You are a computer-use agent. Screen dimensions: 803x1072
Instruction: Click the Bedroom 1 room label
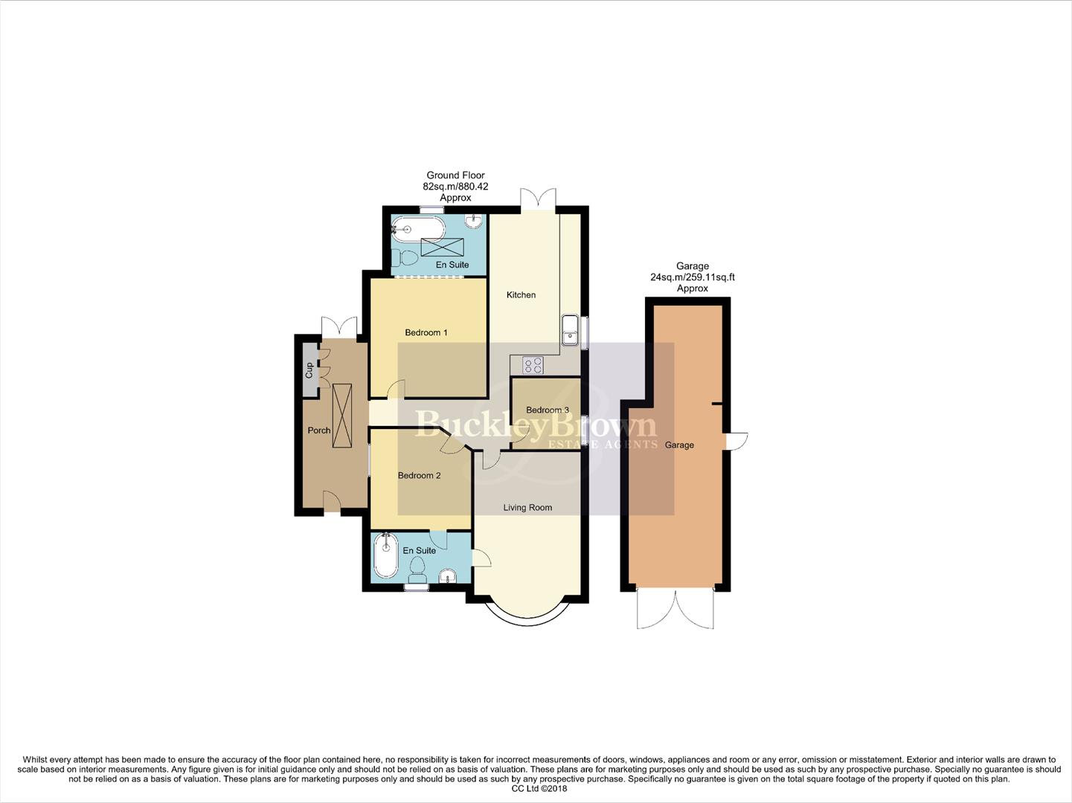tap(426, 332)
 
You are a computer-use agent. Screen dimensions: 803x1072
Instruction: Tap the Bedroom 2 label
tap(419, 475)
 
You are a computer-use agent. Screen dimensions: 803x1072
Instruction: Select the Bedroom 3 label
tap(547, 410)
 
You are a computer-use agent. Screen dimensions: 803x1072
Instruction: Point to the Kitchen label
tap(521, 294)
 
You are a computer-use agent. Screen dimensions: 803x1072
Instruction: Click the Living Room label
tap(527, 508)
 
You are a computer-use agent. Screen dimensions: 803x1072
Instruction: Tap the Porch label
tap(319, 430)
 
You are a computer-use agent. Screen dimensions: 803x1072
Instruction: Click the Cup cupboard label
tap(309, 370)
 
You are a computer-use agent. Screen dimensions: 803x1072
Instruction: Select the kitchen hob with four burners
tap(533, 365)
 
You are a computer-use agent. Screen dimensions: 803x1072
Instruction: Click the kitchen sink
tap(570, 330)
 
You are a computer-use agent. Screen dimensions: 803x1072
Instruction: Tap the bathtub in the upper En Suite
tap(417, 228)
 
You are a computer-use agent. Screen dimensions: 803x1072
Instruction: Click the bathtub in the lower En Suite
tap(385, 555)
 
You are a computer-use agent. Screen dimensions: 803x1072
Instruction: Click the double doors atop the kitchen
tap(537, 199)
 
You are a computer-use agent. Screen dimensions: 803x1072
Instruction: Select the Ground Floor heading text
tap(455, 175)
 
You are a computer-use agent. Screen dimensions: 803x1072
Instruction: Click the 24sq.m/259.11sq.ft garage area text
tap(692, 277)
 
